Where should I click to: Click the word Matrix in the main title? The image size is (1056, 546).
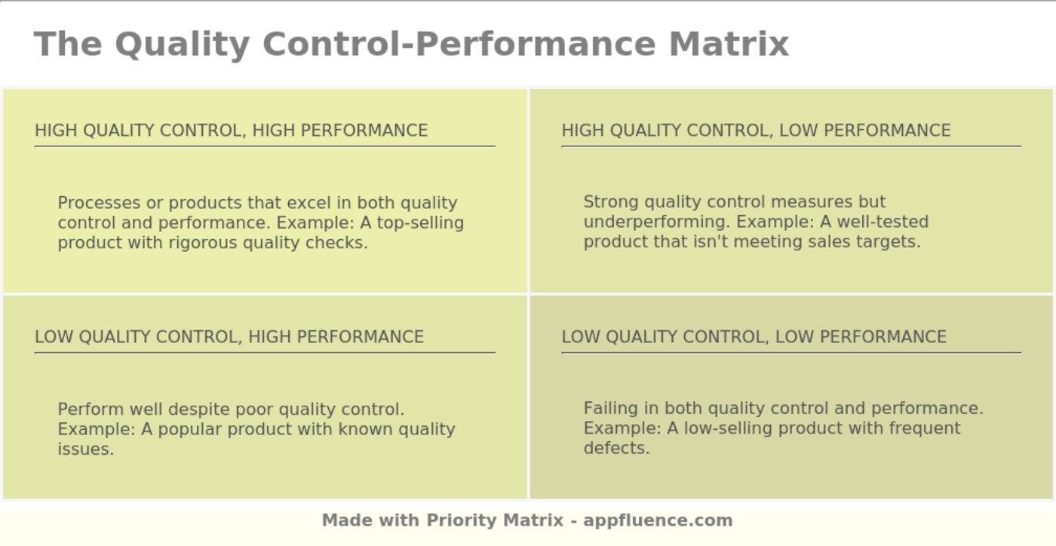(x=729, y=44)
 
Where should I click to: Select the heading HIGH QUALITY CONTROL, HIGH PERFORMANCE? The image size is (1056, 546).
(x=231, y=130)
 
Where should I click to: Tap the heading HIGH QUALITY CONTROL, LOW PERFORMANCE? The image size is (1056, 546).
(x=756, y=130)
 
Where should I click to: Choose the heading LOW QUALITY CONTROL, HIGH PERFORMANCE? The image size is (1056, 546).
(x=229, y=336)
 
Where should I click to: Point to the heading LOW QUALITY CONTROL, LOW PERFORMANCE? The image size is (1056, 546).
(x=754, y=336)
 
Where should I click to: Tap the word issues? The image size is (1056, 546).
(x=85, y=449)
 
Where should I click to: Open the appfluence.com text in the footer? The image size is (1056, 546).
(x=658, y=520)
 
